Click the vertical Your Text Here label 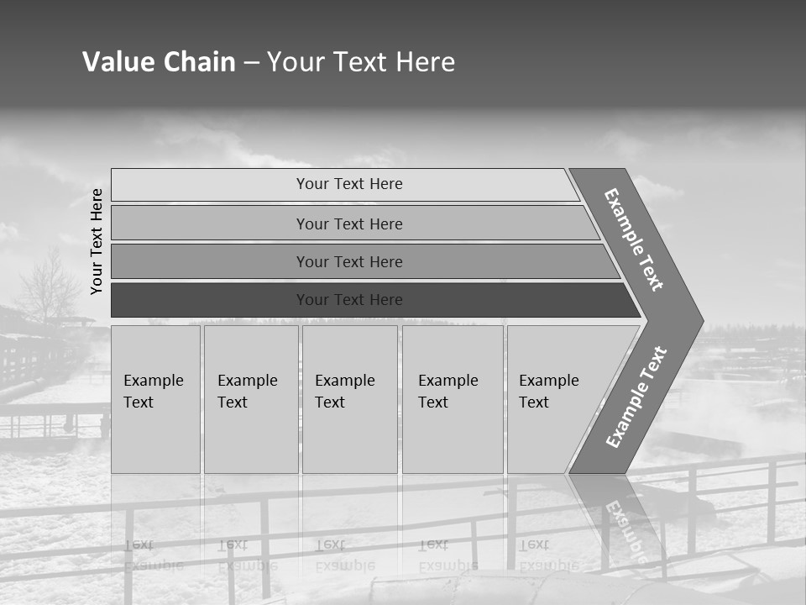click(x=97, y=241)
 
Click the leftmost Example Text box click(x=155, y=399)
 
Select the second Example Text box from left click(x=250, y=399)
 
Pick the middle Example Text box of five click(x=349, y=399)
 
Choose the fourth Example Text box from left click(x=453, y=399)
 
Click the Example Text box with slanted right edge click(x=554, y=399)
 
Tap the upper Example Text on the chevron click(x=634, y=239)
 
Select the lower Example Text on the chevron click(x=636, y=397)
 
